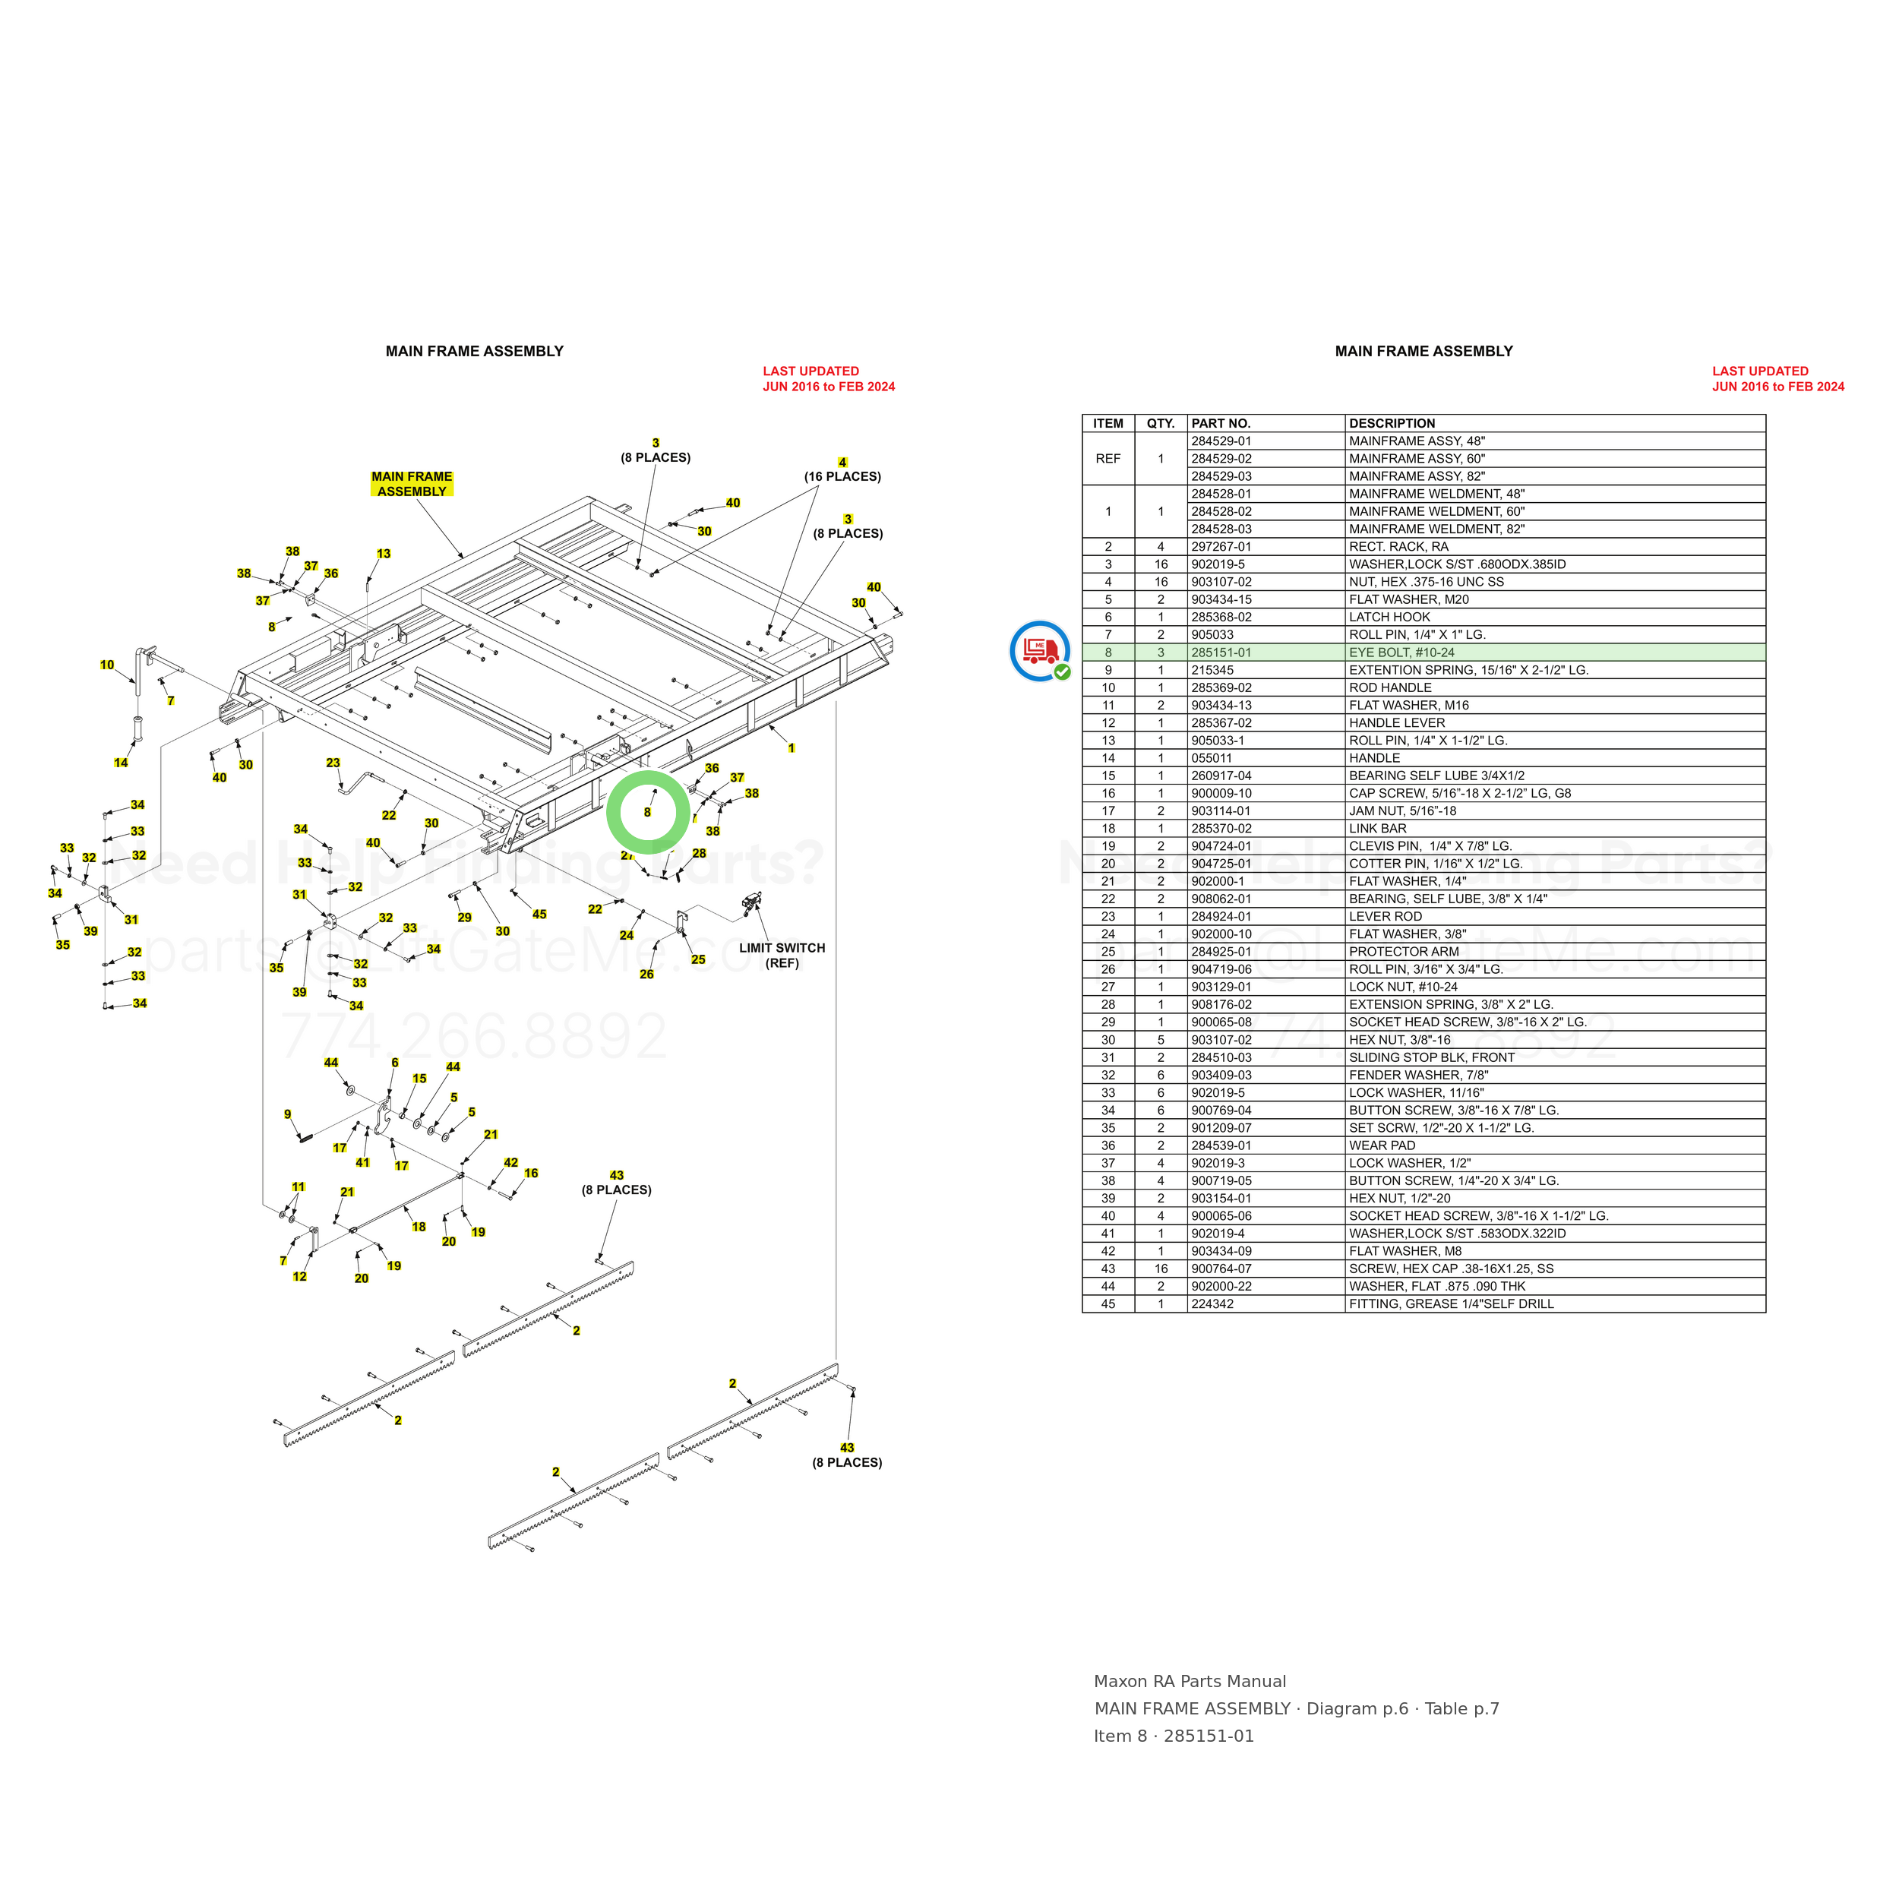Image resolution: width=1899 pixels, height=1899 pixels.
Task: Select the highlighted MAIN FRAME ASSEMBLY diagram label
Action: [412, 484]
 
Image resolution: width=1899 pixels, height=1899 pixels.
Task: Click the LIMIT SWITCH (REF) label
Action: [782, 956]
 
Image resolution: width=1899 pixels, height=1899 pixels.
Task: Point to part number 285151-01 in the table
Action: [1221, 652]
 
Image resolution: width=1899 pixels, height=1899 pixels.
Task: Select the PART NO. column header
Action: [1221, 424]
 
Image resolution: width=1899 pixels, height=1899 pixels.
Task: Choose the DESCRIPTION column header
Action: [1392, 424]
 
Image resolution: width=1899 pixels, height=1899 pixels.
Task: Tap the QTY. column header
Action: [1161, 424]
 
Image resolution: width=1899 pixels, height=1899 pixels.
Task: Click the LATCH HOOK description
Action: [1389, 618]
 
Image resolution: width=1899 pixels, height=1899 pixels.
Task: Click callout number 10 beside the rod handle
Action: [107, 665]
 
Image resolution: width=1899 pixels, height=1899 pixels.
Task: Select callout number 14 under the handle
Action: [121, 763]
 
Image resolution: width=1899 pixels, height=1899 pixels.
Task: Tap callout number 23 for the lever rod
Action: [333, 763]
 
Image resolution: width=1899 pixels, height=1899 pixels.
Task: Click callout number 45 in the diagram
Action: [539, 914]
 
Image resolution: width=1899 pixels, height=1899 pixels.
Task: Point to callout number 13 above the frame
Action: [384, 554]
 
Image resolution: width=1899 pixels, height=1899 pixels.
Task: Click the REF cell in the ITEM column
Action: [1107, 459]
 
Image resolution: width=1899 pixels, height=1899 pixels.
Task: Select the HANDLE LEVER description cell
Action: [1397, 723]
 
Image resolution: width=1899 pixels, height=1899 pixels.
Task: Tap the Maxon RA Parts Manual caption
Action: [1190, 1682]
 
